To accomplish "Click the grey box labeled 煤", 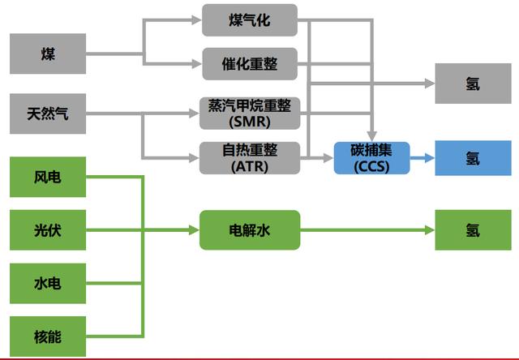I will pyautogui.click(x=48, y=54).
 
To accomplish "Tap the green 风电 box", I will pyautogui.click(x=48, y=178).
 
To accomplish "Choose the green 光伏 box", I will pyautogui.click(x=48, y=230).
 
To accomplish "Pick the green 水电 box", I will pyautogui.click(x=48, y=283).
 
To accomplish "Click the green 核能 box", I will pyautogui.click(x=48, y=336).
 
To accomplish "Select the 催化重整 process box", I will pyautogui.click(x=250, y=63).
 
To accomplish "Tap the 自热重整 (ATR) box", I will pyautogui.click(x=250, y=157).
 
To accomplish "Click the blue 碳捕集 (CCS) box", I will pyautogui.click(x=372, y=157).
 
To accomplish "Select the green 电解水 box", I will pyautogui.click(x=250, y=230).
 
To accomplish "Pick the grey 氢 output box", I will pyautogui.click(x=473, y=84).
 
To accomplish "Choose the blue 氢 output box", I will pyautogui.click(x=473, y=157).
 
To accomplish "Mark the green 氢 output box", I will pyautogui.click(x=473, y=230).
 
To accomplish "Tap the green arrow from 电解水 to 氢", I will pyautogui.click(x=365, y=230).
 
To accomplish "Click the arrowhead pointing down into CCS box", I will pyautogui.click(x=372, y=135).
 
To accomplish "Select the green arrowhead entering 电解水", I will pyautogui.click(x=194, y=230).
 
